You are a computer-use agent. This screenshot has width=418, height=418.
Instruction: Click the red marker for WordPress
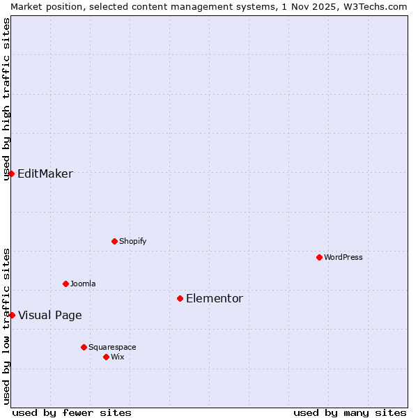(x=319, y=257)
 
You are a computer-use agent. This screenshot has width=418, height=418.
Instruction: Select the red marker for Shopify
(x=114, y=241)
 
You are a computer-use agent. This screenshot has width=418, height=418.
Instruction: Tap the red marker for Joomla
(x=65, y=284)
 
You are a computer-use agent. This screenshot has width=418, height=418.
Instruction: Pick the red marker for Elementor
(x=180, y=298)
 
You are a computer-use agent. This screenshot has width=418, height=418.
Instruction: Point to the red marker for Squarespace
(x=84, y=347)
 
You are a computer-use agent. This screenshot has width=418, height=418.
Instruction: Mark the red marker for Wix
(x=106, y=357)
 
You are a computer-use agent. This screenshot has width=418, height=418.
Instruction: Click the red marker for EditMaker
(x=11, y=173)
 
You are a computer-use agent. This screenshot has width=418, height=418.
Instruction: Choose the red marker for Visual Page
(x=12, y=315)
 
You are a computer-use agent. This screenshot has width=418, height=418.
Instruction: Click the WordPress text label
(x=343, y=257)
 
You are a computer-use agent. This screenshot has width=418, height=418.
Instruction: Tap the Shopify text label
(x=132, y=241)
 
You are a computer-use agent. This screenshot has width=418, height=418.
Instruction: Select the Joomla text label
(x=83, y=284)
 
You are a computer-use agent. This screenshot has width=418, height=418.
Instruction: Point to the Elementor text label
(x=215, y=298)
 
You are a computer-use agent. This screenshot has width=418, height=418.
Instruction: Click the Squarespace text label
(x=112, y=347)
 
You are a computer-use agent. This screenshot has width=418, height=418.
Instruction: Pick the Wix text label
(x=118, y=357)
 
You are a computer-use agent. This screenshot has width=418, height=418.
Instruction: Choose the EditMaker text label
(x=45, y=173)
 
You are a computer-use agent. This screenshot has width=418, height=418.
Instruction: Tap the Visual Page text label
(x=50, y=315)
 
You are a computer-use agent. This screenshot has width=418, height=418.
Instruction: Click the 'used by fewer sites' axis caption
(x=72, y=412)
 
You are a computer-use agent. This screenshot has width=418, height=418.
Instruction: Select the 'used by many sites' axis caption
(x=350, y=412)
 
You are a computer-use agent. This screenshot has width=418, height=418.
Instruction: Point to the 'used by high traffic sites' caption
(x=6, y=99)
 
